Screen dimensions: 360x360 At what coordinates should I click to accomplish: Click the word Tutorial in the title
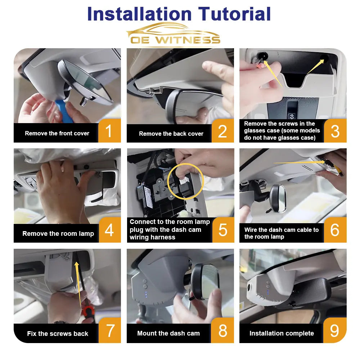click(234, 14)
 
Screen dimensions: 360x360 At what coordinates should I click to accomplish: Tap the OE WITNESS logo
click(174, 35)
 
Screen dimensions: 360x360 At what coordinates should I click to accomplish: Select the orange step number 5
click(223, 230)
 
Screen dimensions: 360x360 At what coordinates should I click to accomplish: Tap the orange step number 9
click(334, 330)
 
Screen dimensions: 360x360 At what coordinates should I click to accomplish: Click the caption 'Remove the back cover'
click(171, 134)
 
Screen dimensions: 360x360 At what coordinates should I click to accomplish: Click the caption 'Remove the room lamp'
click(58, 234)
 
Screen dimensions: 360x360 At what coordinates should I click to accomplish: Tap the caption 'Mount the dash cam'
click(168, 333)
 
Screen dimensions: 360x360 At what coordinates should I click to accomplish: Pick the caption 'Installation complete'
click(282, 333)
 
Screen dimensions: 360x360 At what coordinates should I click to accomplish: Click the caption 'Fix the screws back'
click(57, 334)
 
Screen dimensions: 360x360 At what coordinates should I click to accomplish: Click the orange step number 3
click(335, 131)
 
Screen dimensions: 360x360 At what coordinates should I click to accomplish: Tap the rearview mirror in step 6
click(278, 199)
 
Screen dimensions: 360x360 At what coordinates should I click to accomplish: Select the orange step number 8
click(222, 330)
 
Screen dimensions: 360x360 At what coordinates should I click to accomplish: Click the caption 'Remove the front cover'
click(57, 134)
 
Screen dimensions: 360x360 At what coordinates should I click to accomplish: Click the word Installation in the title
click(139, 14)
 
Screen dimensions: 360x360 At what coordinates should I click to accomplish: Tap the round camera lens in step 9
click(249, 287)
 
